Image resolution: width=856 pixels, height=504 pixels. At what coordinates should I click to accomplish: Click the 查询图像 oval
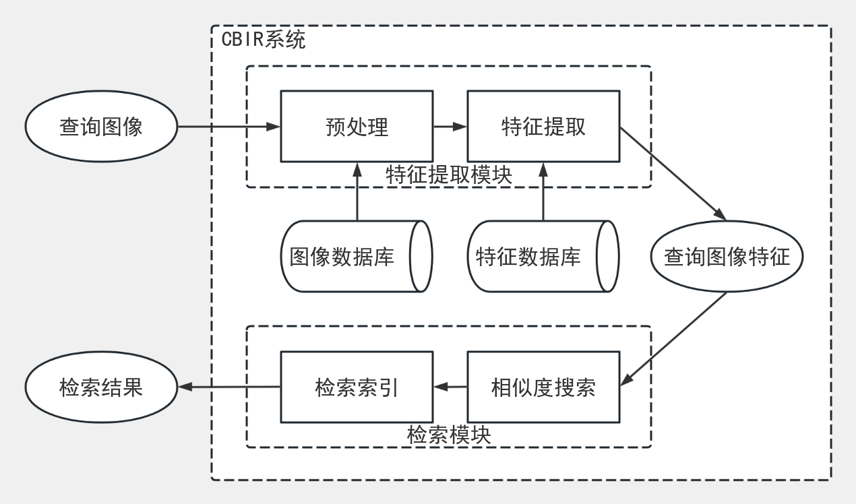coord(101,127)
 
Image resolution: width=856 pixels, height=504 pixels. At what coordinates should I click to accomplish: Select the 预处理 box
coord(357,127)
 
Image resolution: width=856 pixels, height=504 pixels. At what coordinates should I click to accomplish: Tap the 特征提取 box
coord(543,127)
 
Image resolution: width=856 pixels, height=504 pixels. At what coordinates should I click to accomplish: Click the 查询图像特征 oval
coord(727,257)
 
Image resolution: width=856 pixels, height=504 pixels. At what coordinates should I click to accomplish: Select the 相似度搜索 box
coord(543,387)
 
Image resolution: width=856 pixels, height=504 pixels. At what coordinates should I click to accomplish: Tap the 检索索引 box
coord(357,387)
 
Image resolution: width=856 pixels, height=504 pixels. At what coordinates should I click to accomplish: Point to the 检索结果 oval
coord(101,387)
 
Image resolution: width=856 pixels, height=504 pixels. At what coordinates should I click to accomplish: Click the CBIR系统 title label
coord(264,40)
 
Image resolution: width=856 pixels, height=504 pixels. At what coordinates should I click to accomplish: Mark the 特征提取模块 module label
coord(449,175)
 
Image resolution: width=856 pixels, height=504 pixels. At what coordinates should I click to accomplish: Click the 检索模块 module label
coord(449,435)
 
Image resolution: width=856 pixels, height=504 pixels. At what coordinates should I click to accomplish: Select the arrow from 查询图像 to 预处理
coord(229,126)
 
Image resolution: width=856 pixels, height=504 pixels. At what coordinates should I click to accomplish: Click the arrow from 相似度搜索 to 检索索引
coord(450,387)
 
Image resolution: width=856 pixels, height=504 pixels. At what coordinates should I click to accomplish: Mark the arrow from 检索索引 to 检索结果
coord(229,387)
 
